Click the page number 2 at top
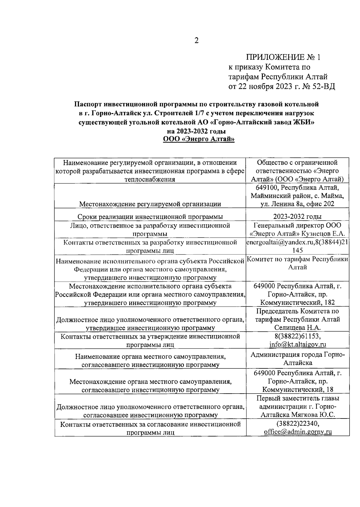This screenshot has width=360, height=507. click(x=196, y=40)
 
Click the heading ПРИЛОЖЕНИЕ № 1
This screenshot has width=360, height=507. click(x=283, y=57)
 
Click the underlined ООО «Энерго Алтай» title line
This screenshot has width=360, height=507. click(x=199, y=139)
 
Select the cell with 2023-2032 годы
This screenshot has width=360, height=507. click(x=297, y=217)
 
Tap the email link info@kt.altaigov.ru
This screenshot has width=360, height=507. click(x=297, y=344)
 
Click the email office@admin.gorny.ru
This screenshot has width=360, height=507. click(x=297, y=432)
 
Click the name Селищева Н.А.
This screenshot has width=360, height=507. click(x=297, y=328)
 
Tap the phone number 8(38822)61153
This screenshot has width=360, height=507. click(x=297, y=336)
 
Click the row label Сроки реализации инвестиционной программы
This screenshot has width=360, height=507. click(x=150, y=217)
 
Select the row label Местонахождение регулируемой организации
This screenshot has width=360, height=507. click(x=150, y=204)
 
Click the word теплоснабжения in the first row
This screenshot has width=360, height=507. click(x=150, y=179)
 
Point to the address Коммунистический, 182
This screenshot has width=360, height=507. click(x=297, y=302)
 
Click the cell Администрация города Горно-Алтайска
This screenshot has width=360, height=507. click(x=297, y=358)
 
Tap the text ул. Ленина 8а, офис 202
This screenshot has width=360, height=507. click(x=297, y=204)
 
